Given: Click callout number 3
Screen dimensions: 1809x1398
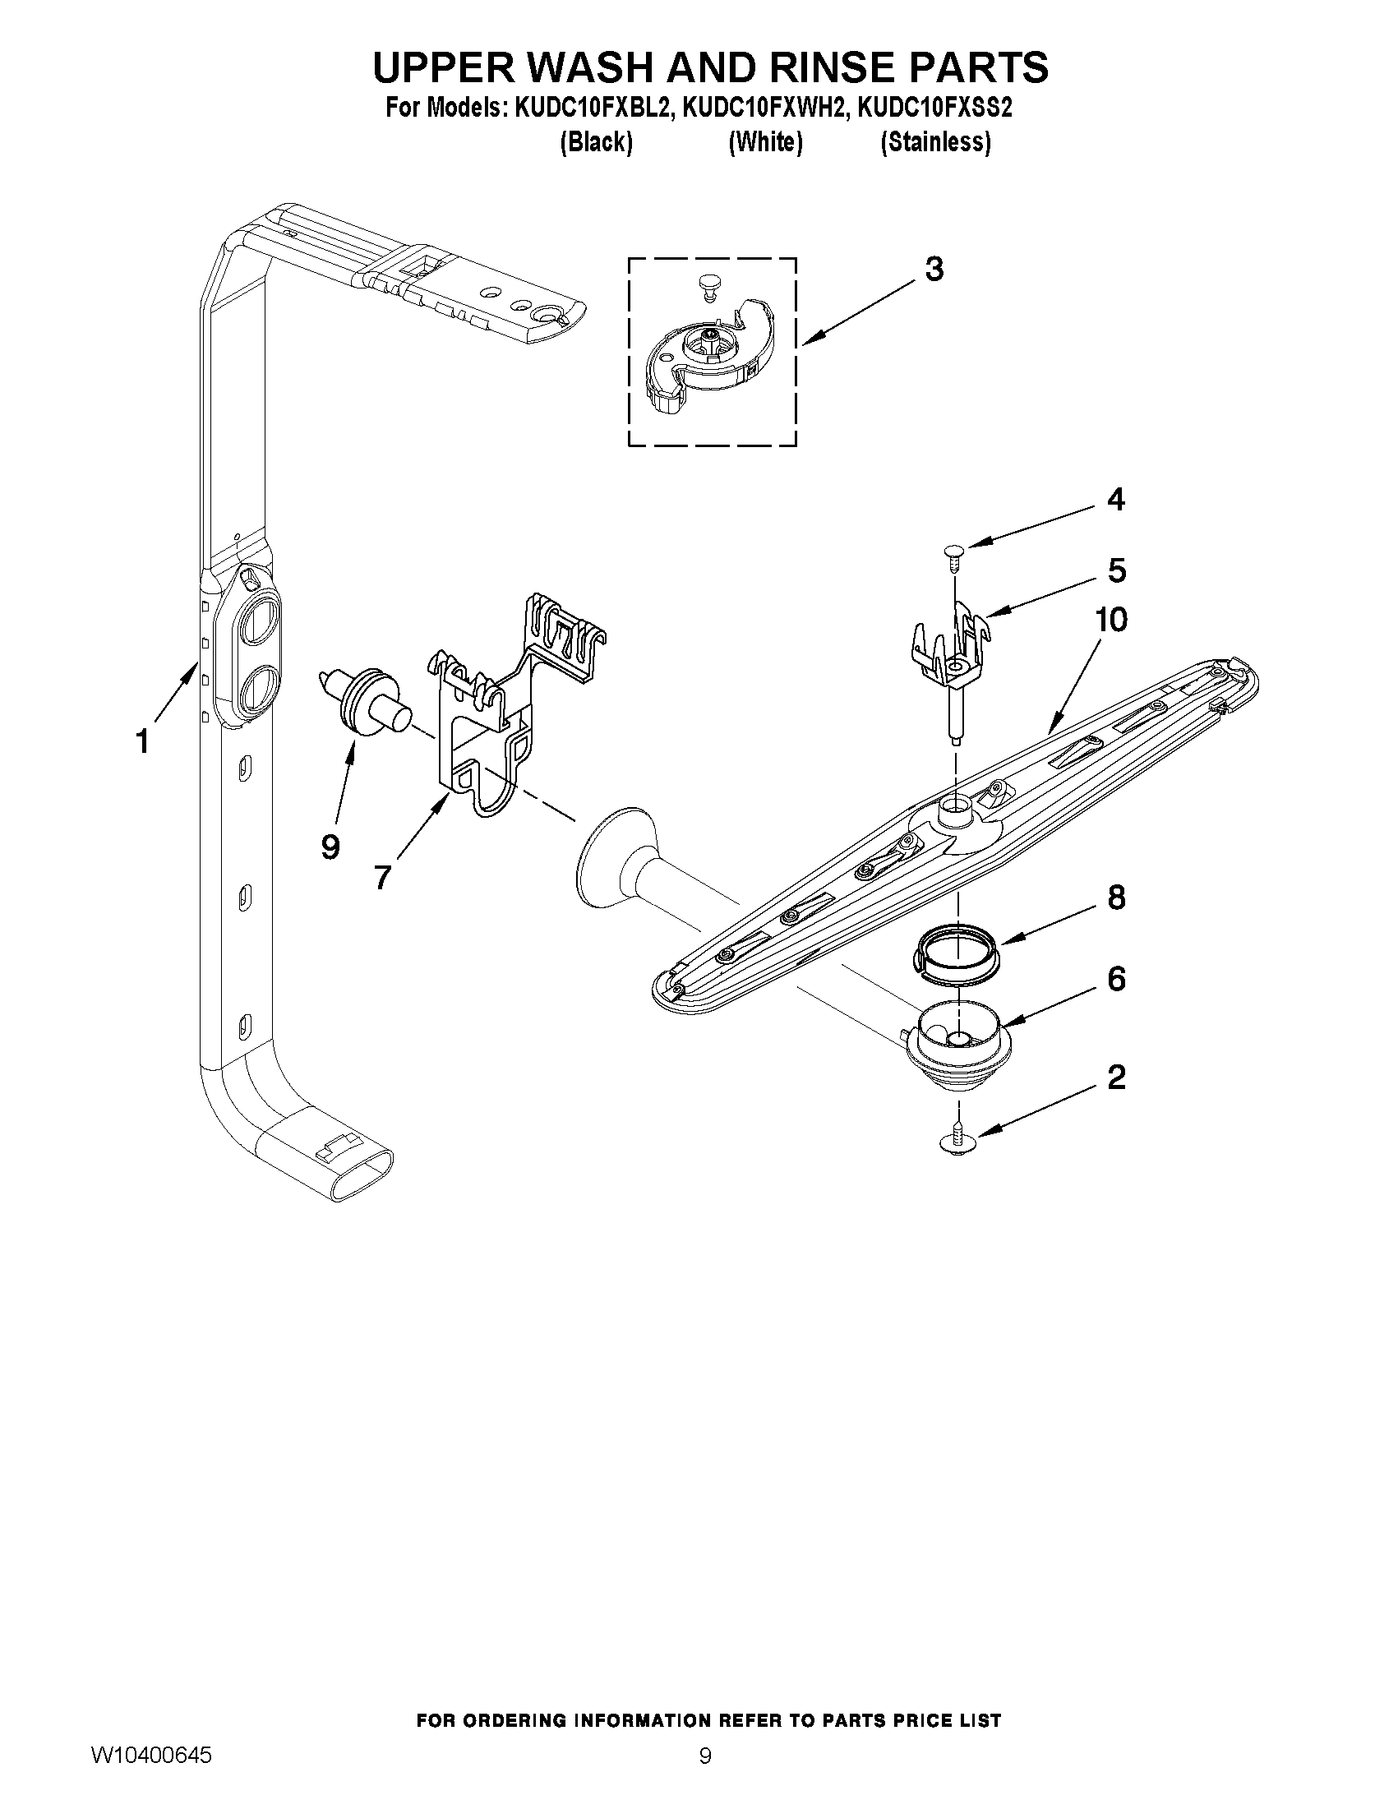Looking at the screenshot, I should (934, 270).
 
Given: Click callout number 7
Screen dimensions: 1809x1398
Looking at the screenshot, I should (381, 876).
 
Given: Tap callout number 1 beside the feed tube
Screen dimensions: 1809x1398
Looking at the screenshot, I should (142, 741).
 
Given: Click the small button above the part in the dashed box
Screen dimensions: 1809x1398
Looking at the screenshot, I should (707, 284).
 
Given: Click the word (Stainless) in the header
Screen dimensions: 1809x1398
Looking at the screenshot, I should (935, 142).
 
